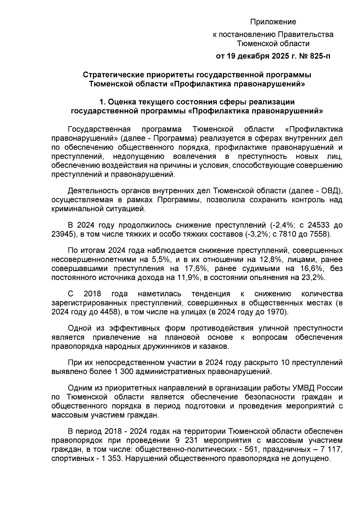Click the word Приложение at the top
tap(273, 22)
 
